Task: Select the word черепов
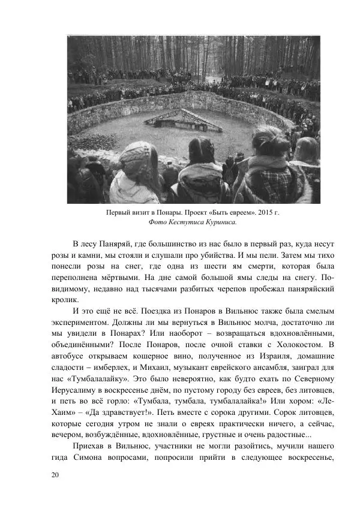tap(211, 289)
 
